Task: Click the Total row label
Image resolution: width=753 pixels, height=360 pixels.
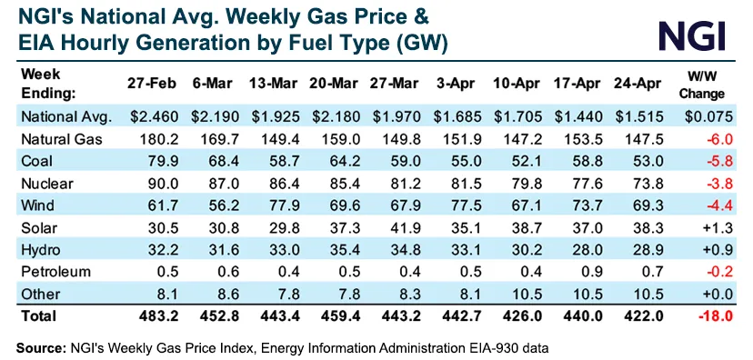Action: [37, 316]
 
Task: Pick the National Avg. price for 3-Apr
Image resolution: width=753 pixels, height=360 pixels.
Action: [458, 116]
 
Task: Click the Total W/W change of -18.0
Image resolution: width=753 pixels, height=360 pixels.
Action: [711, 316]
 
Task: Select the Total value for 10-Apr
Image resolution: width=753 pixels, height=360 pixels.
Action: [519, 316]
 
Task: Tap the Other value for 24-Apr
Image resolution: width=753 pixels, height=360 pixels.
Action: [641, 293]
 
